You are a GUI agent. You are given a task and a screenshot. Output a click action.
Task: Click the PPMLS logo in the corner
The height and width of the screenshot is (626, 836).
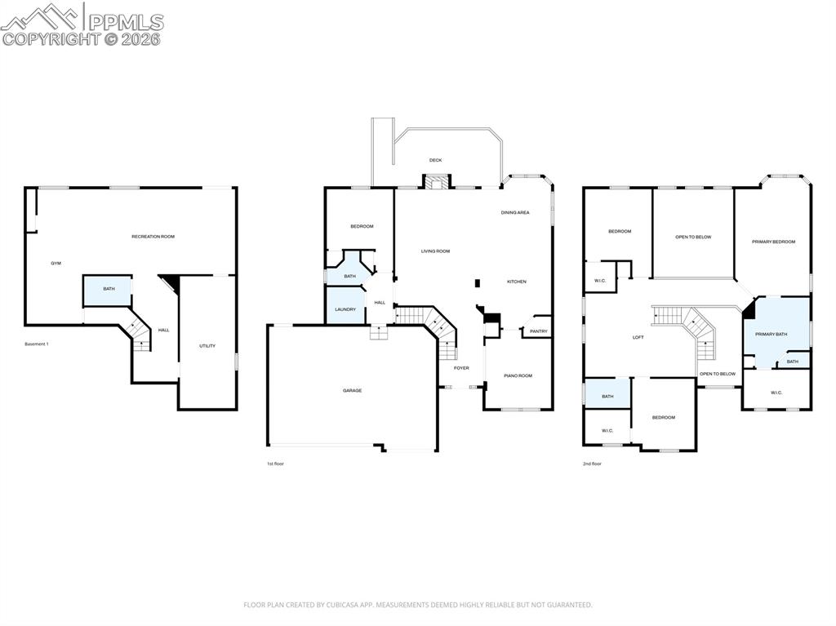click(82, 24)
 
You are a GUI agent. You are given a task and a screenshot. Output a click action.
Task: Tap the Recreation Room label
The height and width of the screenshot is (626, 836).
click(153, 237)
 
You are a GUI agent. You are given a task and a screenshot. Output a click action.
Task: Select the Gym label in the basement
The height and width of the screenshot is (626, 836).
click(56, 264)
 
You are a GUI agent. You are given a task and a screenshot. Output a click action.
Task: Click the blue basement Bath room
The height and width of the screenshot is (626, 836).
click(108, 290)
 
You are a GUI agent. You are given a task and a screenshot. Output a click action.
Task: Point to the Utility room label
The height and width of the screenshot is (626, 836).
click(207, 346)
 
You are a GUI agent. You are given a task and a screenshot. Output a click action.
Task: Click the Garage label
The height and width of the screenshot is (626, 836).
click(352, 391)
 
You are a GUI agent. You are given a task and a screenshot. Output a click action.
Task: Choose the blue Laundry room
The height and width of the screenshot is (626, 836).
click(345, 309)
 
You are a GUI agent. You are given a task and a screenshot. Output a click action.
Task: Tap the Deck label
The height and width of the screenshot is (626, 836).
click(435, 160)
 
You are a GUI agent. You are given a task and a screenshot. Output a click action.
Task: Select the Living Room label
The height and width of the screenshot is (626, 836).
click(435, 251)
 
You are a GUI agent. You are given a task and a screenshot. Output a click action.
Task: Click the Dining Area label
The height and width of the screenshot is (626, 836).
click(515, 212)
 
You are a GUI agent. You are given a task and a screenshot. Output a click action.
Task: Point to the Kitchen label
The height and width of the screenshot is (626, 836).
click(517, 282)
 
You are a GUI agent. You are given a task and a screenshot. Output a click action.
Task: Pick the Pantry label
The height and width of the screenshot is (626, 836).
click(538, 331)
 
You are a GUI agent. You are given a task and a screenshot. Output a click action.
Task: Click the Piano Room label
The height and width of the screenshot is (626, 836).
click(518, 375)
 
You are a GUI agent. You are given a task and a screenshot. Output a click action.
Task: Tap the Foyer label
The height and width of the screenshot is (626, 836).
click(461, 368)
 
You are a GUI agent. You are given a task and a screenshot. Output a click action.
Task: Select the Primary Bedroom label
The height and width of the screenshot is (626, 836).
click(773, 242)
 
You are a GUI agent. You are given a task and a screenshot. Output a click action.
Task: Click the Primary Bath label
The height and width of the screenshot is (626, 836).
click(771, 334)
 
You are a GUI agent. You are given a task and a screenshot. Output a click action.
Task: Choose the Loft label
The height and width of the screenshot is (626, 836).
click(638, 337)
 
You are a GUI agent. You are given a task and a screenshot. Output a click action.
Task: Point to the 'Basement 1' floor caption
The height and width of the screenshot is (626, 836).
click(37, 344)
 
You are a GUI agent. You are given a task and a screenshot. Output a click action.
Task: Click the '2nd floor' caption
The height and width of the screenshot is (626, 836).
click(592, 464)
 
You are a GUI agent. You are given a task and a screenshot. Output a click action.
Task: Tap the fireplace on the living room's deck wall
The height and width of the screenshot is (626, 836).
click(436, 182)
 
